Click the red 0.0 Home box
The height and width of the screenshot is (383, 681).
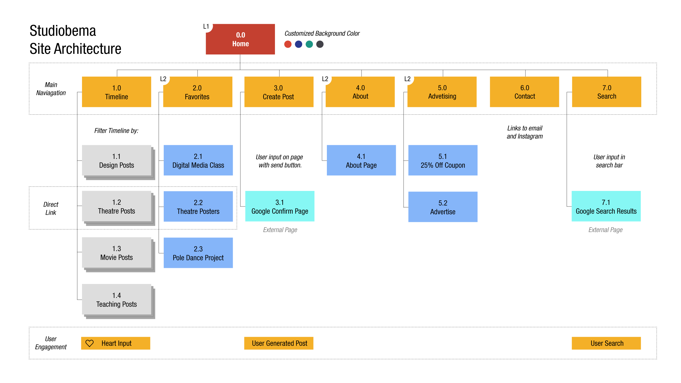[240, 39]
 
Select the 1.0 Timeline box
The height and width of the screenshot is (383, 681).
[116, 92]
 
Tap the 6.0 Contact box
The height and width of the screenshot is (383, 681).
[524, 92]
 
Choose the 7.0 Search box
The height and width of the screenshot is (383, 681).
[606, 92]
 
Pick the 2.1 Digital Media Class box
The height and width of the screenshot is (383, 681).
[198, 160]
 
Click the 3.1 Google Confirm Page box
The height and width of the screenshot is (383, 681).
[280, 206]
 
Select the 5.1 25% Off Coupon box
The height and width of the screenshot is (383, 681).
[443, 160]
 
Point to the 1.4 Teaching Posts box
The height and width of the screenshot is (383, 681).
[117, 299]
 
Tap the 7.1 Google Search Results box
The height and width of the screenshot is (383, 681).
[606, 206]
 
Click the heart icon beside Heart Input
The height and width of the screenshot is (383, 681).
[90, 343]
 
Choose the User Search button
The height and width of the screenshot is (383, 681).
[606, 343]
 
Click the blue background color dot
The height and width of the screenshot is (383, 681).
[299, 44]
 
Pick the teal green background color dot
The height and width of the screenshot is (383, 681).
[309, 44]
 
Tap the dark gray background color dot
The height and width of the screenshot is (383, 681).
[320, 44]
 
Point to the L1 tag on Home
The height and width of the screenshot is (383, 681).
[206, 27]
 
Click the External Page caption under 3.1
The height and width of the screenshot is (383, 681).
[280, 230]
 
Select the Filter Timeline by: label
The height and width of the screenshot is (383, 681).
[116, 131]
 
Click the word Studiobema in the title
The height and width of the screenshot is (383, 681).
[63, 31]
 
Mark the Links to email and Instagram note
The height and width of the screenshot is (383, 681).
[525, 132]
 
